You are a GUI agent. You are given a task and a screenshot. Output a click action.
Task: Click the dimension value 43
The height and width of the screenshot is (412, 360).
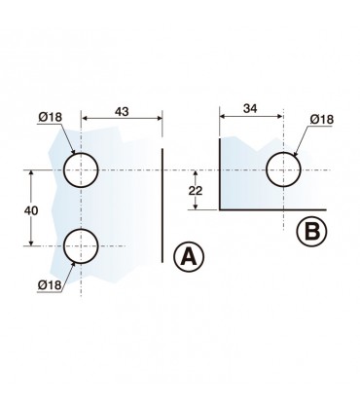tap(122, 111)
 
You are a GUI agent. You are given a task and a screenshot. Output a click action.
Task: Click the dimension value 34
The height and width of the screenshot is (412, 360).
tap(250, 108)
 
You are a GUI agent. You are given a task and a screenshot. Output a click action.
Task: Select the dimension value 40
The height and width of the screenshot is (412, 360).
tap(31, 210)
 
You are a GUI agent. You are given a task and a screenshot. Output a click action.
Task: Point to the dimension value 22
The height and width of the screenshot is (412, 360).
tap(196, 190)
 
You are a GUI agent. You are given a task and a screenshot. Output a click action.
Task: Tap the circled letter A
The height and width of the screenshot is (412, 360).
tap(189, 257)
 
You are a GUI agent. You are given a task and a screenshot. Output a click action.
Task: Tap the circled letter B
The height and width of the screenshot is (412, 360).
tap(311, 232)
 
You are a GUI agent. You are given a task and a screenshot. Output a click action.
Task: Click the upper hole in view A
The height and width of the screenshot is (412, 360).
tap(81, 169)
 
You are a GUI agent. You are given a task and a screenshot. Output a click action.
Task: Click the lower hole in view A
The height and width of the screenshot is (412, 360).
tap(81, 246)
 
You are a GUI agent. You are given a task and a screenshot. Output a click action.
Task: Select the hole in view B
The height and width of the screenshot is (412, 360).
tap(283, 169)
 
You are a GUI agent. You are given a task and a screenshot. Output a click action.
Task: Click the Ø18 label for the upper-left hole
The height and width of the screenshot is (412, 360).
tap(50, 117)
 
